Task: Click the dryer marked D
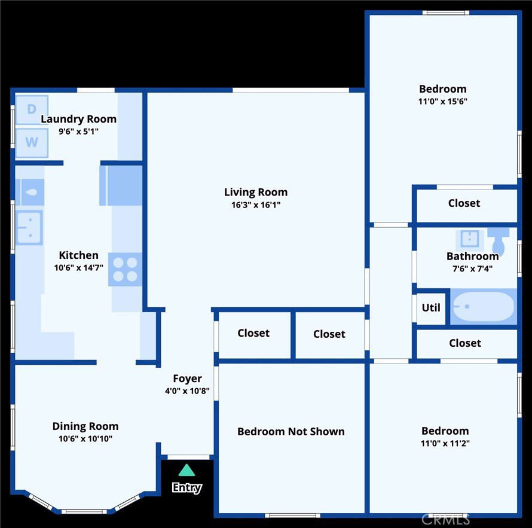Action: (x=32, y=110)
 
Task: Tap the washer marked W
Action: (x=32, y=142)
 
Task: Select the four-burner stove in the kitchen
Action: (x=125, y=269)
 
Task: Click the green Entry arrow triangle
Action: (x=186, y=470)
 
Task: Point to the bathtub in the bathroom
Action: (x=483, y=306)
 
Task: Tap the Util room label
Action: (x=431, y=307)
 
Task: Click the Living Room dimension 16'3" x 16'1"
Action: (x=256, y=205)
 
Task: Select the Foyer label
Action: (x=187, y=379)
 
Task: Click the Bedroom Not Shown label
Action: (x=291, y=431)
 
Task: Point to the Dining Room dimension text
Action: (x=85, y=438)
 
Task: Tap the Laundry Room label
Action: (x=79, y=119)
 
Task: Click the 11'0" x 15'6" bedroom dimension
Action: (x=443, y=101)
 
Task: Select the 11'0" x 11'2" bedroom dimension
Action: (x=445, y=443)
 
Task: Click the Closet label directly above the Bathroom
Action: (x=464, y=203)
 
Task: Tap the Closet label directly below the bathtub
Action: (x=465, y=343)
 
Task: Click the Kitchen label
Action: (x=79, y=255)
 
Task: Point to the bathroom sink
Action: (x=470, y=239)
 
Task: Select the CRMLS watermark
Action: (x=445, y=520)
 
